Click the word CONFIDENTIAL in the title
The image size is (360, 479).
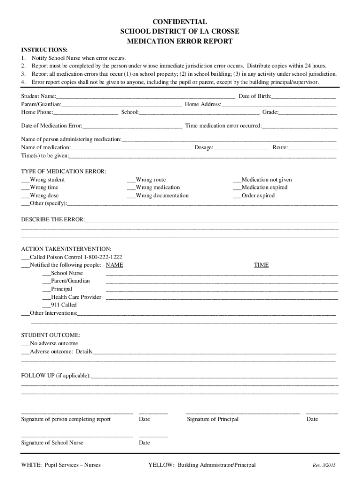(x=180, y=22)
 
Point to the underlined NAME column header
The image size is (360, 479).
(x=115, y=265)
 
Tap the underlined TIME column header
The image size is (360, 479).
(x=261, y=265)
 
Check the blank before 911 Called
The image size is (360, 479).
(x=46, y=305)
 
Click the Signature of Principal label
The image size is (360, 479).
(x=213, y=419)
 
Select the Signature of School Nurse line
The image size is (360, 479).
(x=77, y=436)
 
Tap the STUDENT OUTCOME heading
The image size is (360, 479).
(x=50, y=335)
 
